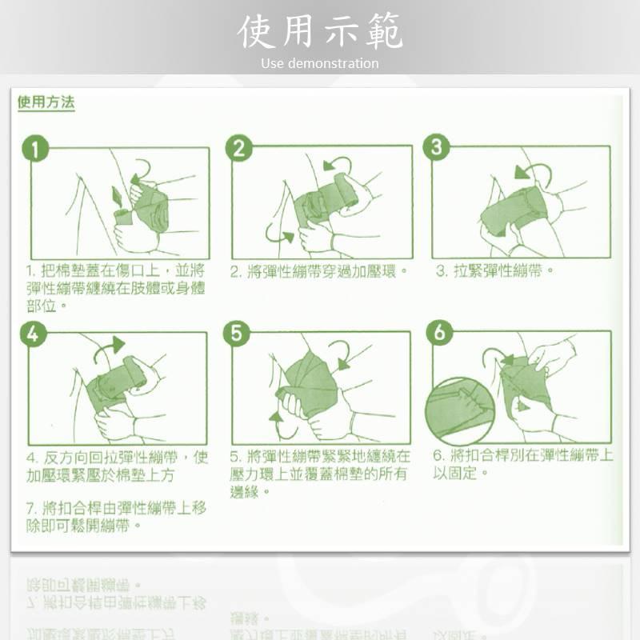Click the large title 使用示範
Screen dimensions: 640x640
[x=320, y=32]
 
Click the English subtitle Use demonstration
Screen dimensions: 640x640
[x=320, y=63]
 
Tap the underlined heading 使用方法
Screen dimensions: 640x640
[x=46, y=103]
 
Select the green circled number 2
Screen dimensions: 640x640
[x=238, y=149]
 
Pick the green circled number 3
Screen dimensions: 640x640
[x=437, y=147]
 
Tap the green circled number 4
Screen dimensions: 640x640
[x=33, y=334]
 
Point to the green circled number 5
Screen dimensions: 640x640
[x=236, y=334]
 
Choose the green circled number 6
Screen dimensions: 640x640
[x=439, y=332]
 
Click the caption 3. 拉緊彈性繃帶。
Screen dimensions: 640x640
[x=495, y=271]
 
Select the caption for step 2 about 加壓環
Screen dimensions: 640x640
[x=319, y=272]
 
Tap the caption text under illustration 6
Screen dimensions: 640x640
[x=523, y=464]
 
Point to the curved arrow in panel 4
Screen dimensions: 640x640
[x=109, y=347]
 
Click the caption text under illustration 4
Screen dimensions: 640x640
[x=116, y=466]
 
